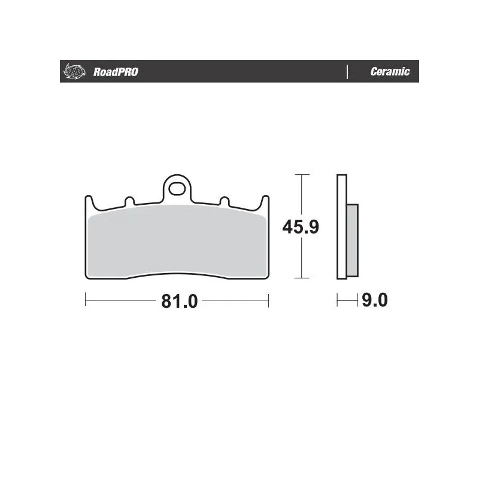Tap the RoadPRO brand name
pos(116,72)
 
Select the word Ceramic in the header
pos(390,72)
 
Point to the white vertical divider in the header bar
pos(347,72)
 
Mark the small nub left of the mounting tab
pos(129,202)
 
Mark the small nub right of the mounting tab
pos(224,202)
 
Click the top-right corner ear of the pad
pos(265,201)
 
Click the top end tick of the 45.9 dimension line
pos(302,174)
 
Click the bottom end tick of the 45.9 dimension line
pos(302,278)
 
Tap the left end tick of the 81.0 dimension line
pos(86,301)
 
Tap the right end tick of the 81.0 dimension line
pos(268,301)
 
